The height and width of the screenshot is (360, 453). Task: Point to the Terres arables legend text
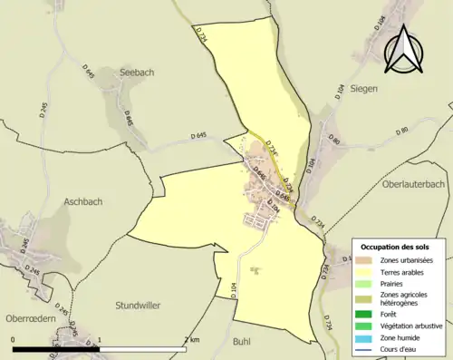pos(406,272)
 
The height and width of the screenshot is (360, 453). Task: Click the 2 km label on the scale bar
pos(192,339)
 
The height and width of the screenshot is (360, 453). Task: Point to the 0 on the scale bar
pos(14,339)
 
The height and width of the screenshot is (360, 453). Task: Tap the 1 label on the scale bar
pos(100,339)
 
